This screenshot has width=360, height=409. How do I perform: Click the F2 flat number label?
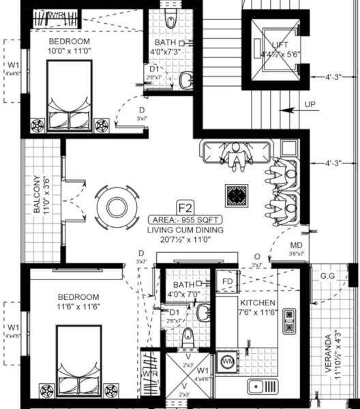184,207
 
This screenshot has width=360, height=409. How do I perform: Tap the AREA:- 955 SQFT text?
184,220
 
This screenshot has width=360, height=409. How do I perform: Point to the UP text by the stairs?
310,106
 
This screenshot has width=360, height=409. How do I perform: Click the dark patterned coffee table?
237,194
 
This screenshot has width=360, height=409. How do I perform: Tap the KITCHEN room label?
258,303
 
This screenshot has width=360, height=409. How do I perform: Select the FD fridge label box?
228,281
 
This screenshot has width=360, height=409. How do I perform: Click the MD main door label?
297,245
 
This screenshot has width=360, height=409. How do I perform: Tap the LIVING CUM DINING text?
184,231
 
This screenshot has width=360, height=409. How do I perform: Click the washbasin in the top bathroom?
185,81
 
